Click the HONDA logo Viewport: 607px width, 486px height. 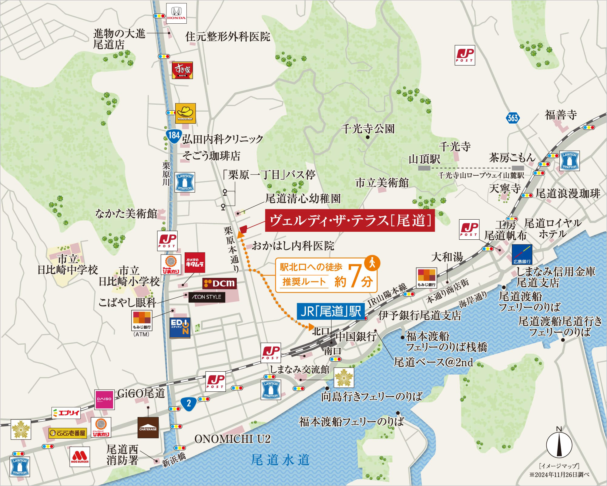(x=176, y=14)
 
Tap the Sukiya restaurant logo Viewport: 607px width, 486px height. (x=183, y=70)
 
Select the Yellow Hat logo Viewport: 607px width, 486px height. (x=185, y=113)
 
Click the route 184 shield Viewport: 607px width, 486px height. (x=174, y=135)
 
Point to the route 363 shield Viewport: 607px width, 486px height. (x=513, y=117)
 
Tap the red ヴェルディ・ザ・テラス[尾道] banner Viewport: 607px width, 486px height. (x=350, y=221)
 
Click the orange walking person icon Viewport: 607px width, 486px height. (x=372, y=263)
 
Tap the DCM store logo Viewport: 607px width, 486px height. (x=219, y=283)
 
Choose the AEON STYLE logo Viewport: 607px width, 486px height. (x=207, y=297)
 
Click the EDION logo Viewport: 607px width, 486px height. (x=180, y=328)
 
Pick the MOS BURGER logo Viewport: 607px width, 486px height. (x=80, y=457)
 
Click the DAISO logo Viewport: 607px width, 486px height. (x=105, y=400)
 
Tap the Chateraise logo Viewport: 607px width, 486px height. (x=148, y=427)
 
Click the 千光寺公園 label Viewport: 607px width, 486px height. (x=367, y=129)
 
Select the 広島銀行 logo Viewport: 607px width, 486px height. (x=521, y=254)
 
